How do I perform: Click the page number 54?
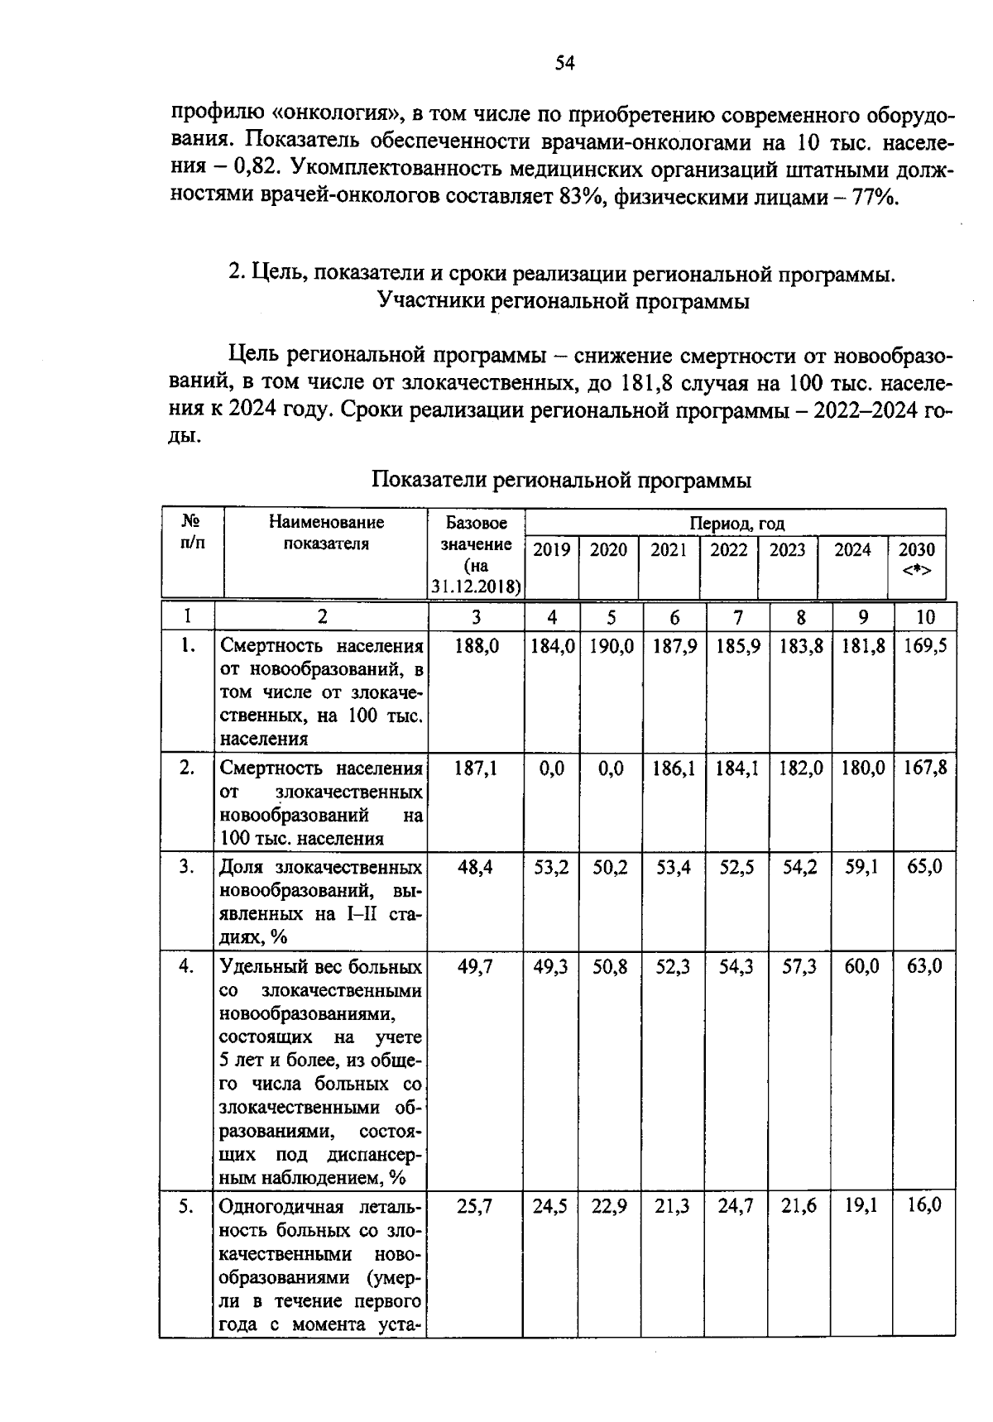565,64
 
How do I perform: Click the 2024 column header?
852,550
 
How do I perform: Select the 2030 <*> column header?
917,559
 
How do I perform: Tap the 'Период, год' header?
736,523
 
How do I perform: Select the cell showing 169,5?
925,646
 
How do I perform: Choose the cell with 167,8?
925,768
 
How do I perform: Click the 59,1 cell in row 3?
862,868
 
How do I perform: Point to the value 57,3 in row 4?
799,966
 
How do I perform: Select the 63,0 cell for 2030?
924,966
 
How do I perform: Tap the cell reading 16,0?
924,1205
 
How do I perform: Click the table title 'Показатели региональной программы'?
562,480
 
